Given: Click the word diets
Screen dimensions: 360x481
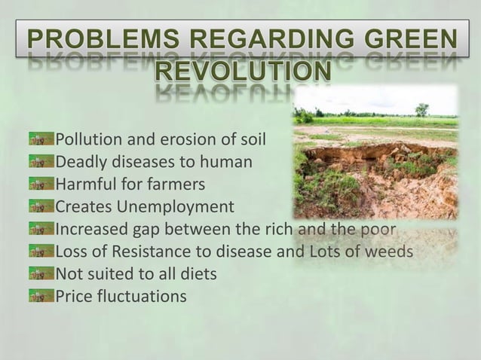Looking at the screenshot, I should tap(198, 274).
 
